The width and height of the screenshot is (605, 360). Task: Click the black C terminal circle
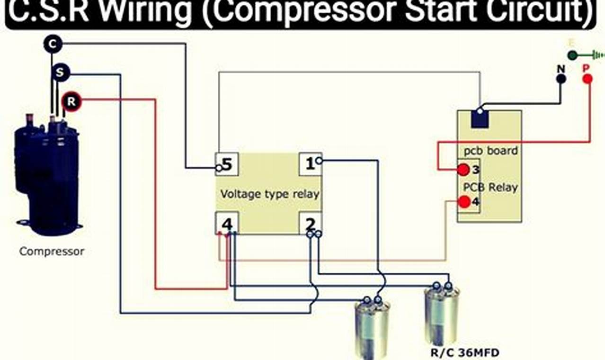[53, 44]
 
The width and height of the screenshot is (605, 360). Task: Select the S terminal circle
[60, 73]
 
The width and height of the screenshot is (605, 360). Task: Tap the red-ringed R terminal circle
[71, 101]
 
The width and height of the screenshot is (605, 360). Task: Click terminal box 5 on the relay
[226, 164]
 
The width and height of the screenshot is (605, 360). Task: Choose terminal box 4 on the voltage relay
[227, 223]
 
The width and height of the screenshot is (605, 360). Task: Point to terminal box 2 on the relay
[310, 223]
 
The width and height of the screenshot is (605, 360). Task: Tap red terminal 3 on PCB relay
[463, 170]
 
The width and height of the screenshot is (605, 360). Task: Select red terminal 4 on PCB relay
[464, 202]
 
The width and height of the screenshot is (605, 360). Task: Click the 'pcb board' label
[490, 151]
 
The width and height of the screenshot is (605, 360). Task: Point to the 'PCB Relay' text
[490, 187]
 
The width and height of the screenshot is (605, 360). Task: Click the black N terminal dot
[561, 79]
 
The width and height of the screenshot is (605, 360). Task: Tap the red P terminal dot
[587, 79]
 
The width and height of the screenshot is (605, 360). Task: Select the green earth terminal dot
[572, 55]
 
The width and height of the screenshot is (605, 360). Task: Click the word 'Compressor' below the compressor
[52, 251]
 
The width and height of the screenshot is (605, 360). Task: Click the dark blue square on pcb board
[480, 119]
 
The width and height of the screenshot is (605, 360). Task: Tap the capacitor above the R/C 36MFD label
[441, 315]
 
